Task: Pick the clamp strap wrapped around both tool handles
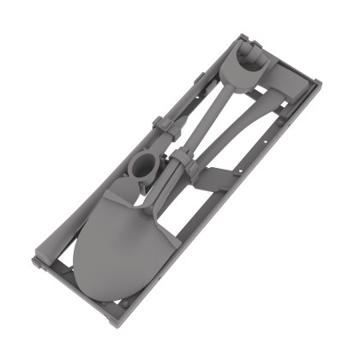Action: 182,160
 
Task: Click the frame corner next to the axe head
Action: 318,83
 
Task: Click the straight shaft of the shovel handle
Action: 210,111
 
